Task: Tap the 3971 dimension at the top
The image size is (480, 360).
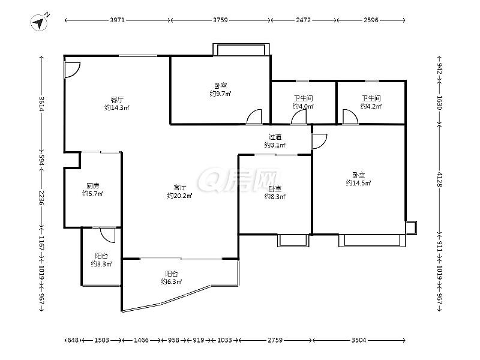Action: pos(117,20)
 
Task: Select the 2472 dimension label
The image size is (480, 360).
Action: pos(303,20)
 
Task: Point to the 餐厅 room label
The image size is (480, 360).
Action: pos(117,100)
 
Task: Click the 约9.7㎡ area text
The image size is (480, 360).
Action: pos(220,94)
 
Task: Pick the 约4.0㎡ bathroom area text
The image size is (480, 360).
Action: pos(303,106)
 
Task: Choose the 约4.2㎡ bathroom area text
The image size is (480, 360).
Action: pos(371,106)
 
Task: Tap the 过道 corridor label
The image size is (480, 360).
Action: pos(275,137)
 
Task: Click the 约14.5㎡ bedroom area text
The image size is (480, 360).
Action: pos(358,183)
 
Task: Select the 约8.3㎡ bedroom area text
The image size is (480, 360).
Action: pos(275,197)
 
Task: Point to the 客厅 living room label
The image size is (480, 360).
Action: pos(179,187)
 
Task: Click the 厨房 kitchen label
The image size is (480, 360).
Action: pos(93,186)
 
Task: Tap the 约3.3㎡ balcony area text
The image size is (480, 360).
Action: pos(101,264)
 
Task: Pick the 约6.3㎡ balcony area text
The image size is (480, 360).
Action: pos(172,281)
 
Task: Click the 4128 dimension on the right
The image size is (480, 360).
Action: pos(440,179)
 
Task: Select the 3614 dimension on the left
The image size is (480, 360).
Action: pos(41,104)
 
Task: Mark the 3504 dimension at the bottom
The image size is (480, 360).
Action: pos(358,340)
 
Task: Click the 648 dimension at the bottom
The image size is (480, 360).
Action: pos(73,340)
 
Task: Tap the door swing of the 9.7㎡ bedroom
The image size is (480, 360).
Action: pos(254,116)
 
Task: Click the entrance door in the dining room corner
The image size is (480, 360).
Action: pos(72,70)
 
